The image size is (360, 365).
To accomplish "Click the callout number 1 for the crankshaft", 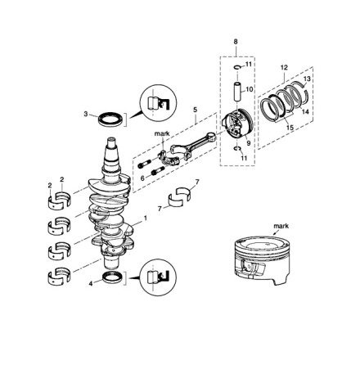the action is [x=146, y=218].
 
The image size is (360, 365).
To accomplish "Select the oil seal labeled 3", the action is [x=111, y=119].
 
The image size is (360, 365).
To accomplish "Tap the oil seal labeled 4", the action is [x=113, y=277].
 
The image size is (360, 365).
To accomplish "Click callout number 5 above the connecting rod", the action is [x=195, y=110].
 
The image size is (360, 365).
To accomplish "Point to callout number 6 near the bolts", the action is [x=142, y=178].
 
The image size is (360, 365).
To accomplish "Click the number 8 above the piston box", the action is [x=236, y=42].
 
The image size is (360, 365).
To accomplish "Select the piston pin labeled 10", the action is [x=236, y=92].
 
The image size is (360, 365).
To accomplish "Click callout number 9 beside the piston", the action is [x=248, y=142].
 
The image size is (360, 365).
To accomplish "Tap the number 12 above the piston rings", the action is [x=284, y=67].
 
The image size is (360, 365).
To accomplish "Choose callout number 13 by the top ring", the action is [x=307, y=79].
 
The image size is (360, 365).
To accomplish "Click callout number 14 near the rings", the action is [x=305, y=111].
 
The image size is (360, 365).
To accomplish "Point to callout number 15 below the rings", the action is [x=290, y=127].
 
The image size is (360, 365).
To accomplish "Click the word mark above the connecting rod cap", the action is [x=162, y=133].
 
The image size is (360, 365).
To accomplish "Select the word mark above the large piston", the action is [x=281, y=226].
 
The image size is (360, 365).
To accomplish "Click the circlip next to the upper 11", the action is [x=236, y=67].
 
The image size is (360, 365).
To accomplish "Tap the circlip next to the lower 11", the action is [x=237, y=149].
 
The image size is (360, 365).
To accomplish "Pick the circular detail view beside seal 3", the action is [x=158, y=102].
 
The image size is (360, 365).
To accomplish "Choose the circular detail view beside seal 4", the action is [x=158, y=277].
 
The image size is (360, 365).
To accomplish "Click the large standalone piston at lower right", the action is [x=262, y=260].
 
